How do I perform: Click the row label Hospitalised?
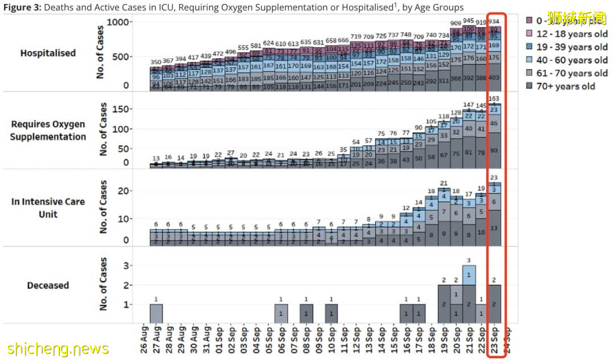48,53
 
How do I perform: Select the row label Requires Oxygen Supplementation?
48,130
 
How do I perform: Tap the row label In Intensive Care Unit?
48,208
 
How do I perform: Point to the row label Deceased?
48,285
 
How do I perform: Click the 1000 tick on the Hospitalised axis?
121,22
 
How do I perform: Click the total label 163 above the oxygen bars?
494,99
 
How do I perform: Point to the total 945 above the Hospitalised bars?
469,21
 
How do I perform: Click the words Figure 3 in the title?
22,7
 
